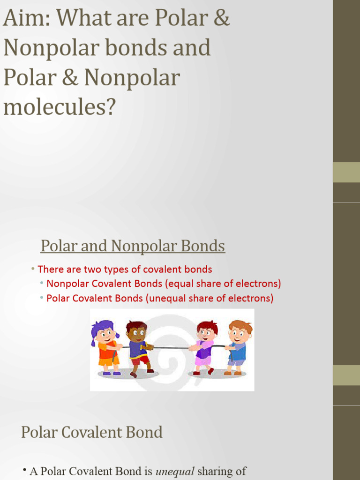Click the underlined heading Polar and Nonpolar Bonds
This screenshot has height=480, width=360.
click(133, 246)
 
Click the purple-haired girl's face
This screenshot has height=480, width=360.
click(106, 333)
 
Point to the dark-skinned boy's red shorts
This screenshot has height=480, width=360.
click(140, 360)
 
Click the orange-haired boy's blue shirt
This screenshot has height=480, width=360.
click(238, 351)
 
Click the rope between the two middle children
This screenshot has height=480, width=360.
click(171, 348)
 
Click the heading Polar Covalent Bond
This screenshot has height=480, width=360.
click(92, 432)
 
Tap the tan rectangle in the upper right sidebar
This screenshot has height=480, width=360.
click(346, 172)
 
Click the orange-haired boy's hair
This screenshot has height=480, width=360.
click(240, 325)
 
